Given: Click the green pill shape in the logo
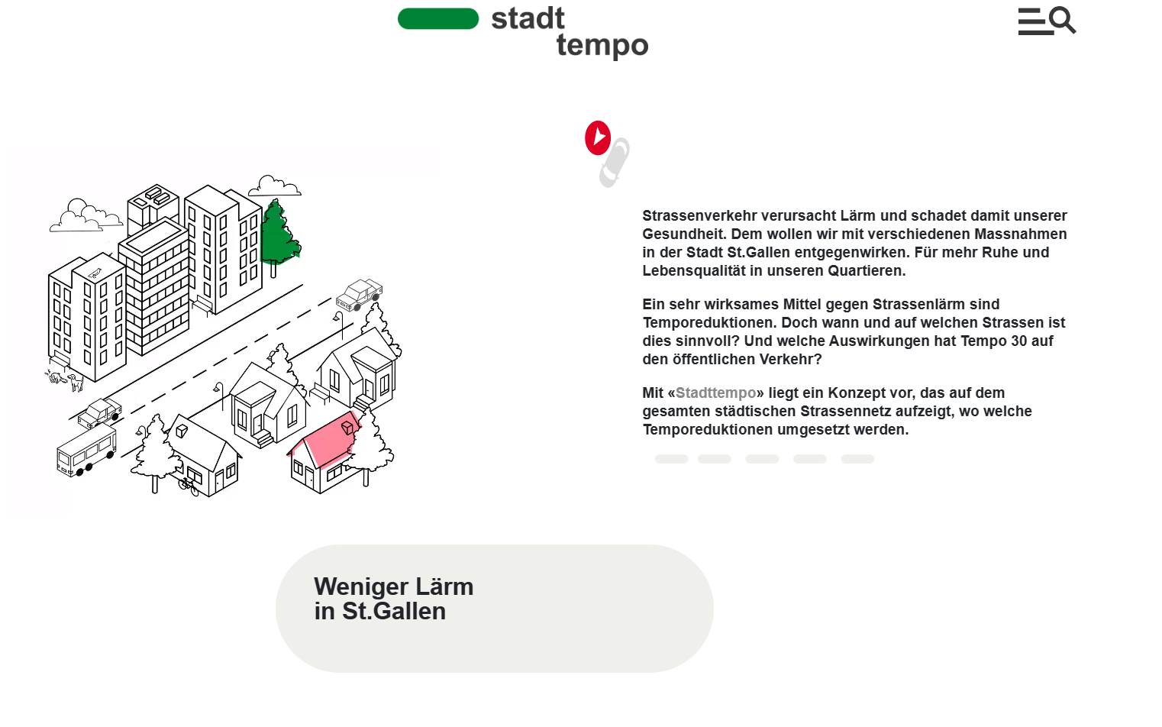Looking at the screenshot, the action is pyautogui.click(x=438, y=18).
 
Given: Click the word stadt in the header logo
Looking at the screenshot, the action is pyautogui.click(x=528, y=18).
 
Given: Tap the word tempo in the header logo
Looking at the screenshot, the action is pyautogui.click(x=602, y=46).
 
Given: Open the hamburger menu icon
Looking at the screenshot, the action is pyautogui.click(x=1032, y=21).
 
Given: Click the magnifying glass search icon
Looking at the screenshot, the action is pyautogui.click(x=1063, y=21).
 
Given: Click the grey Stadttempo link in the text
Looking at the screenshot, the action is pyautogui.click(x=716, y=393).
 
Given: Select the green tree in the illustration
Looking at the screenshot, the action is pyautogui.click(x=279, y=237).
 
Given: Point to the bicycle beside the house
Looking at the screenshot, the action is pyautogui.click(x=189, y=486).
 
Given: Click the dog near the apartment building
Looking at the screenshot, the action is pyautogui.click(x=76, y=383).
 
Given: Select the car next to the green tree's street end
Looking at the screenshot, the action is pyautogui.click(x=359, y=294).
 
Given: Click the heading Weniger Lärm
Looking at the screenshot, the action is pyautogui.click(x=394, y=587).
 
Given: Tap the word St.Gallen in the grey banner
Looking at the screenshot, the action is pyautogui.click(x=394, y=611).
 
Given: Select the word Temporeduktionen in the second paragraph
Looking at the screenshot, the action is pyautogui.click(x=708, y=323).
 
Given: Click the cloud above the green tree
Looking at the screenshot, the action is pyautogui.click(x=274, y=186).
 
